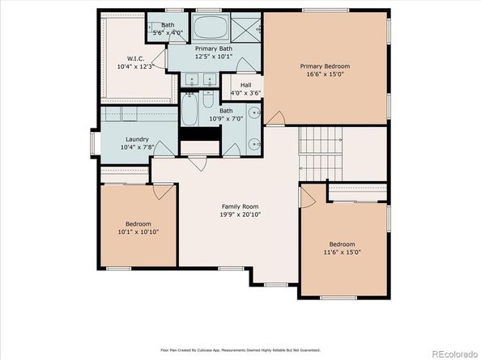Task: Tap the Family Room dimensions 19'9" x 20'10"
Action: click(x=241, y=214)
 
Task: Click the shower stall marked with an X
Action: click(x=248, y=26)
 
